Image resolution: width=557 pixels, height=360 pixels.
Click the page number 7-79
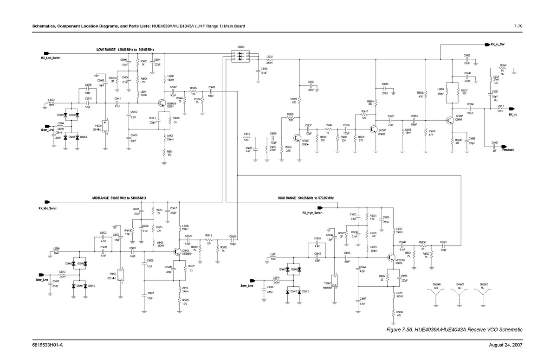(518, 26)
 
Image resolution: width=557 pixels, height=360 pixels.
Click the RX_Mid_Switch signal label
(48, 208)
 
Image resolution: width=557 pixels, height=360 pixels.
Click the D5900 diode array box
(241, 56)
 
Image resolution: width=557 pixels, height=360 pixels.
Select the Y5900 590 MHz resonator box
(106, 126)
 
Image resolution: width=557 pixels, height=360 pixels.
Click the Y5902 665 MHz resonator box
(334, 281)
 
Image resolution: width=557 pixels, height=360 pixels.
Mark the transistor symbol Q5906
(450, 120)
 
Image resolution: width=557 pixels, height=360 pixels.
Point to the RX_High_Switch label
(312, 212)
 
